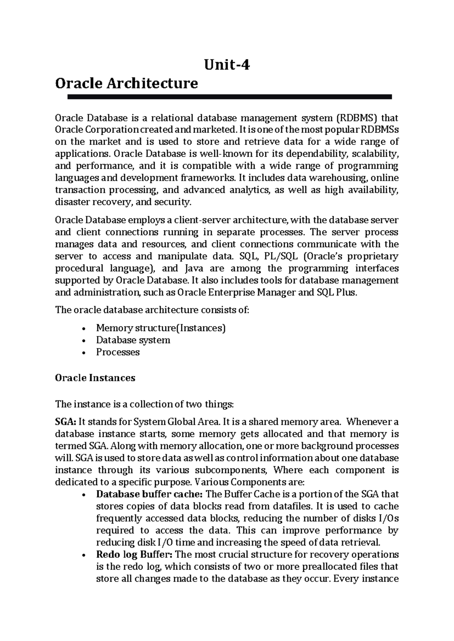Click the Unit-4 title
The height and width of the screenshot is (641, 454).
(227, 65)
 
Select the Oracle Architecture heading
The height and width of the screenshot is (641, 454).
(126, 83)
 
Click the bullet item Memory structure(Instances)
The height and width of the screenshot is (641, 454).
(161, 328)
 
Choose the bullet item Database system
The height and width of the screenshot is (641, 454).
(133, 340)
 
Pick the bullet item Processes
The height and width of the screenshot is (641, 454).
(118, 352)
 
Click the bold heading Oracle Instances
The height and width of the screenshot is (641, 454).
(95, 378)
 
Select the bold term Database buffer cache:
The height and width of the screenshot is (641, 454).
(150, 494)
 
